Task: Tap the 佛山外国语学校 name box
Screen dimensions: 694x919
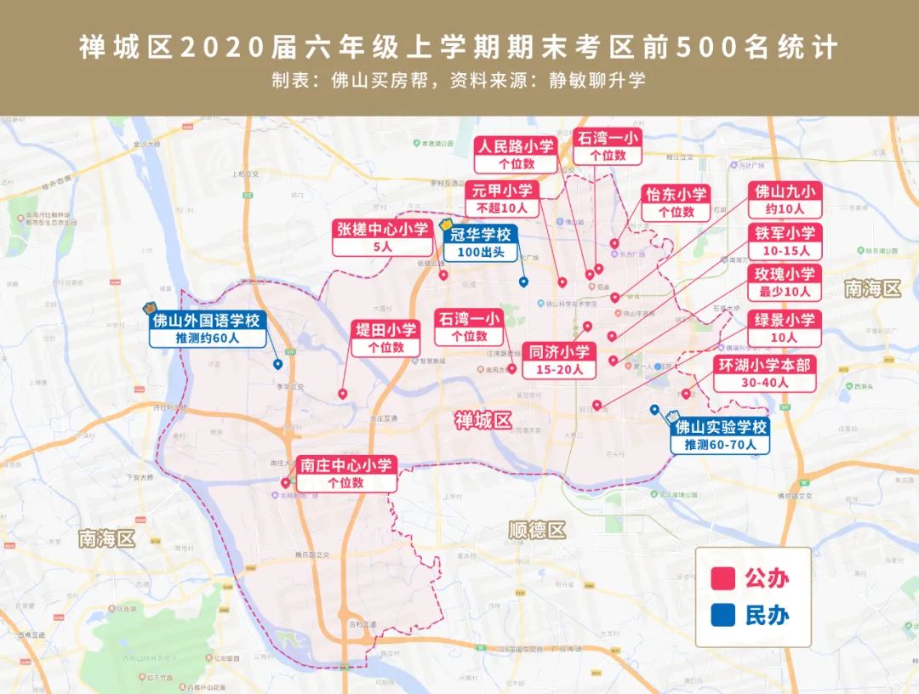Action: pos(205,321)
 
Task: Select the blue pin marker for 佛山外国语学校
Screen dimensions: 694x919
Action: pos(277,364)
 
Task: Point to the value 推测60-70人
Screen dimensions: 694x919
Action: pos(720,445)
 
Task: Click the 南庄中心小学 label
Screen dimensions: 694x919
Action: pos(346,465)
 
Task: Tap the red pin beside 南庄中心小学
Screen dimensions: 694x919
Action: pos(285,482)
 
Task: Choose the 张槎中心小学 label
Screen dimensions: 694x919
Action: pos(382,229)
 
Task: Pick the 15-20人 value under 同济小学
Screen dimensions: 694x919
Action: pos(559,370)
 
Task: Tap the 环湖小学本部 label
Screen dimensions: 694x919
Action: pos(764,365)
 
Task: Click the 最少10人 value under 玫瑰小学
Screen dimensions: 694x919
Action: pos(783,292)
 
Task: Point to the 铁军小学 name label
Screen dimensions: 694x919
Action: pos(783,233)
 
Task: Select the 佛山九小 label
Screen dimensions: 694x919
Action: pos(783,191)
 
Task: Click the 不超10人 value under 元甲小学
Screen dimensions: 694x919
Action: pos(502,208)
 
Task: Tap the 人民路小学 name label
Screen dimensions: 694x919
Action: pos(516,145)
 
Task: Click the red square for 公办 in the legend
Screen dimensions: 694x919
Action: pos(722,579)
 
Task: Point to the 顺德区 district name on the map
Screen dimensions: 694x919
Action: pos(536,531)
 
